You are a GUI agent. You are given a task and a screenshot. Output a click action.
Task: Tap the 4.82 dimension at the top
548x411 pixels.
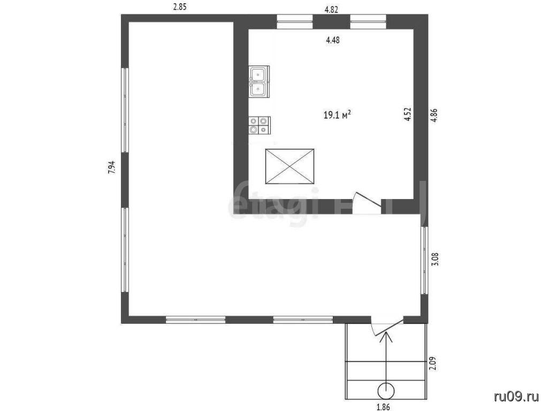331,10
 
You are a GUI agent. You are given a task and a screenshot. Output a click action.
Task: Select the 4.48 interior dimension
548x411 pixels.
333,40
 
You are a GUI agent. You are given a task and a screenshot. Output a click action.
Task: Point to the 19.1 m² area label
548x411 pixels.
337,115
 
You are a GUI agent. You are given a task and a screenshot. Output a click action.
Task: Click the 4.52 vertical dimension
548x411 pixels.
407,115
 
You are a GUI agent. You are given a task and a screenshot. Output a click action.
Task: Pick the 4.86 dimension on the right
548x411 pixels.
433,115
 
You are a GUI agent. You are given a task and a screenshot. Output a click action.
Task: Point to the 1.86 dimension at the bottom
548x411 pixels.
383,407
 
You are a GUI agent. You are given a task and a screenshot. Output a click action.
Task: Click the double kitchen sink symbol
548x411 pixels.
259,81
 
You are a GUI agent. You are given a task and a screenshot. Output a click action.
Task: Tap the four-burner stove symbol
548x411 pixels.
260,125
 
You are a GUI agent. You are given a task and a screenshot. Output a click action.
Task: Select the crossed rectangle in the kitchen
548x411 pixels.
290,166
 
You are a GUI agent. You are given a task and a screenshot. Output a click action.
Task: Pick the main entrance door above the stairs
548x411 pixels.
387,327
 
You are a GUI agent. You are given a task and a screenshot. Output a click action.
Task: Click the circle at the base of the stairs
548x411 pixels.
386,390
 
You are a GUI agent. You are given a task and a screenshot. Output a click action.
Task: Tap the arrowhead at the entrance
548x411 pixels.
386,336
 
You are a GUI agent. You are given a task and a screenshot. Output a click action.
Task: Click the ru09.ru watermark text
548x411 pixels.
516,397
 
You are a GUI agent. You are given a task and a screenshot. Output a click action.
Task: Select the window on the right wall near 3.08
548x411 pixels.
424,260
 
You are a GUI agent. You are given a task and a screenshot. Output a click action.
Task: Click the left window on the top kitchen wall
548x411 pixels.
295,21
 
